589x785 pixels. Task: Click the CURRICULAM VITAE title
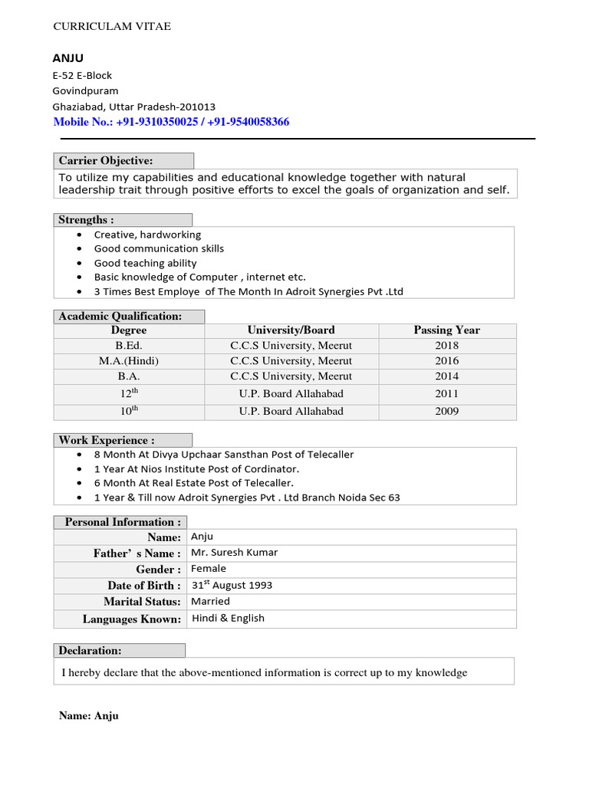112,27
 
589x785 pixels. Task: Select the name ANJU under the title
68,58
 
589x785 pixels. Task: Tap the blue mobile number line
171,122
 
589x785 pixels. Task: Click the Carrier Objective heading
106,161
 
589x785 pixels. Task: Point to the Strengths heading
86,220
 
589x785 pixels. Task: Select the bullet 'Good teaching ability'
145,263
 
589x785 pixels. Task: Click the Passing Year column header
446,330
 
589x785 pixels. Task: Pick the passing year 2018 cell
446,346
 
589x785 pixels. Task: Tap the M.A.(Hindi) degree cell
129,361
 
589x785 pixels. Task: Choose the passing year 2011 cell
446,393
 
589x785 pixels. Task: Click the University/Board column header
291,330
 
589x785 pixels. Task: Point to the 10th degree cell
129,411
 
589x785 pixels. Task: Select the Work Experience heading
107,441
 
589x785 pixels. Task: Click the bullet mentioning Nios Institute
196,468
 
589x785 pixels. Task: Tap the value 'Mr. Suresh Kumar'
235,552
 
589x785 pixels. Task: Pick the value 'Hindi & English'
228,618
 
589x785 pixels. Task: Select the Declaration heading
90,651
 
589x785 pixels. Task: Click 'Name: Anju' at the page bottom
89,716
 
